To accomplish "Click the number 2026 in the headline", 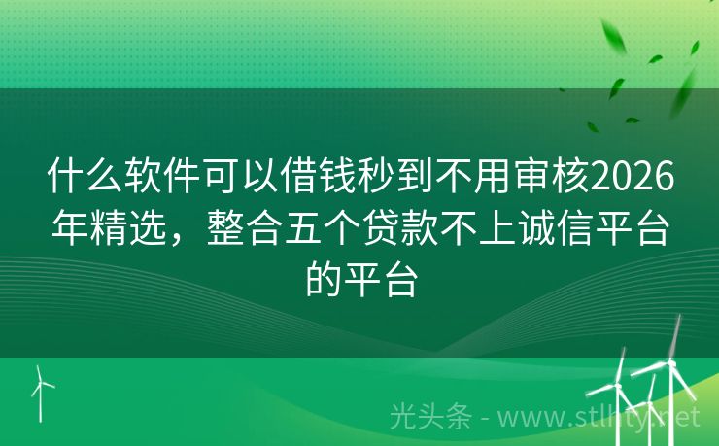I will pos(632,180).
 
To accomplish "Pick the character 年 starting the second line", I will pos(69,230).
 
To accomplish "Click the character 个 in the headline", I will pos(344,230).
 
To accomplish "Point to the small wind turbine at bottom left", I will pos(42,392).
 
